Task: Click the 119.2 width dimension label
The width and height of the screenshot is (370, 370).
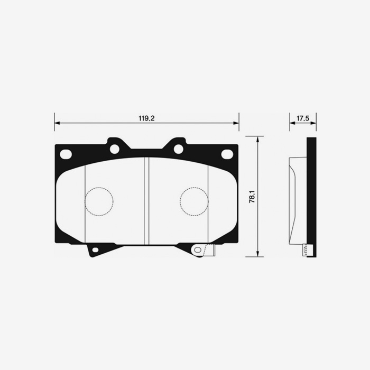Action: tap(146, 118)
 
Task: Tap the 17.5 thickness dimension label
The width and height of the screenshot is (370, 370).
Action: tap(302, 118)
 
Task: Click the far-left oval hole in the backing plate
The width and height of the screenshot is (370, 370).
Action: tap(66, 154)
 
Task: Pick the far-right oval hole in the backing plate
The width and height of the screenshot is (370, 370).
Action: tap(227, 154)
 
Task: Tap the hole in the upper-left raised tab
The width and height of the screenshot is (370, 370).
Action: tap(114, 149)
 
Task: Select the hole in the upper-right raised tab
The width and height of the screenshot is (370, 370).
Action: tap(179, 149)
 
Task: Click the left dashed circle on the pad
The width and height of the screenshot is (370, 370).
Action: tap(99, 201)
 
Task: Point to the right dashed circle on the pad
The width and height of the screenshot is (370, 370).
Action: tap(194, 201)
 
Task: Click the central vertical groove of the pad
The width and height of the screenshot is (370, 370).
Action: tap(146, 201)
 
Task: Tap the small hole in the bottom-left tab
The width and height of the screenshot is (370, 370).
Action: tap(95, 249)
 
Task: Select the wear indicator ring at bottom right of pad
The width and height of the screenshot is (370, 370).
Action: tap(198, 249)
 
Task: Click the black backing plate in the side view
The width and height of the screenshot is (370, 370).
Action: tap(312, 196)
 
